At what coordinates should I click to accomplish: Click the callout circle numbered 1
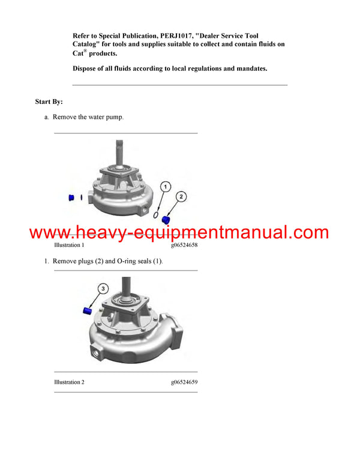(166, 186)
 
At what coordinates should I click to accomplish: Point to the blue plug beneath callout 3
(86, 310)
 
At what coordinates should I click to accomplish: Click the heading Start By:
(49, 101)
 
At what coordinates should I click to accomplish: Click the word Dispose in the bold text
(86, 68)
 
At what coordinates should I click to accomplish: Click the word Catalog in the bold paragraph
(86, 45)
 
